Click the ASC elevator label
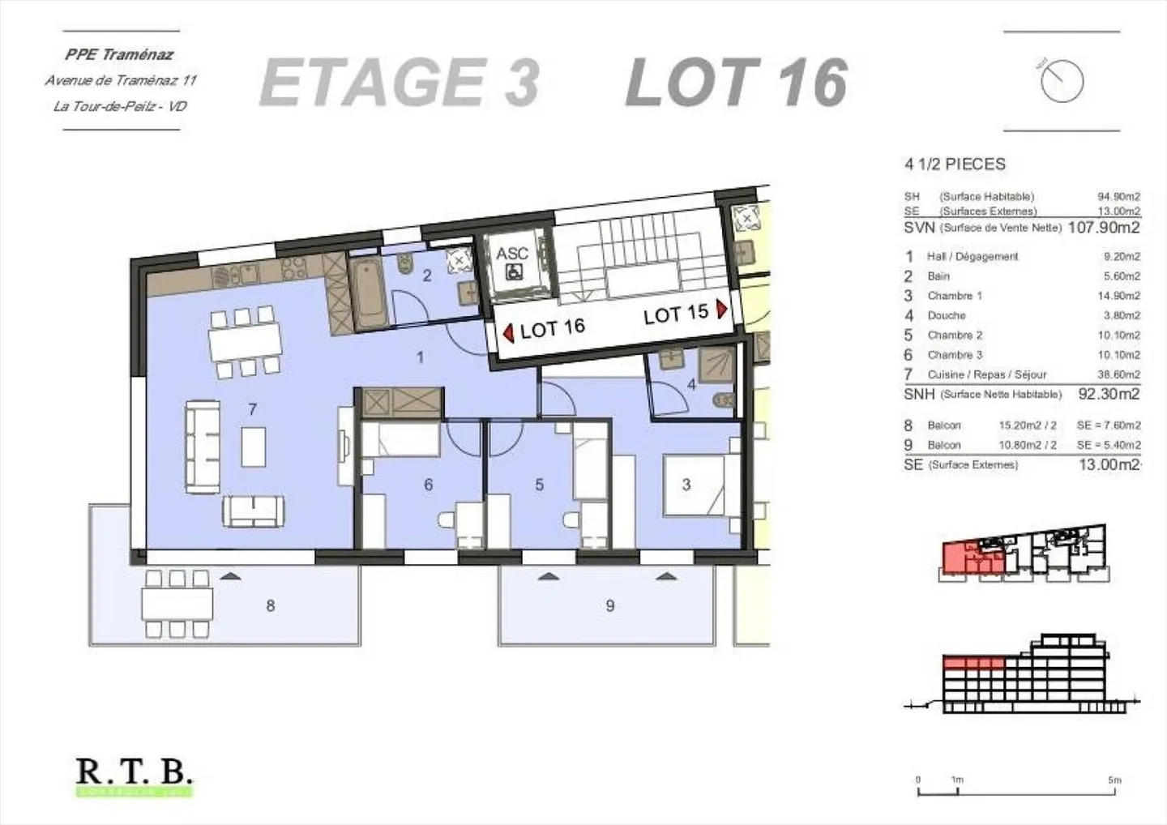(x=512, y=254)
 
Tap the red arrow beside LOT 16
(x=508, y=333)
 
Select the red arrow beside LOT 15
(x=721, y=310)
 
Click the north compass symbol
(x=1062, y=81)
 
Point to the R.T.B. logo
(x=135, y=772)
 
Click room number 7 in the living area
(x=253, y=409)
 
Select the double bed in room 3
(x=694, y=485)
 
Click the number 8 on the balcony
(x=271, y=605)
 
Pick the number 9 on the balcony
(x=610, y=605)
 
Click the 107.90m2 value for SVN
(x=1103, y=228)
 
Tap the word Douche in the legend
(x=947, y=315)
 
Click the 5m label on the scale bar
(x=1115, y=780)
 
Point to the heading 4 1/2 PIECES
(x=955, y=165)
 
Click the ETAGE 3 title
(x=400, y=83)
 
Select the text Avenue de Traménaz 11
(x=121, y=80)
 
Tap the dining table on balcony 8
(x=177, y=604)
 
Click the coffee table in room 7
(x=253, y=447)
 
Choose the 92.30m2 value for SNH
(x=1108, y=395)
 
